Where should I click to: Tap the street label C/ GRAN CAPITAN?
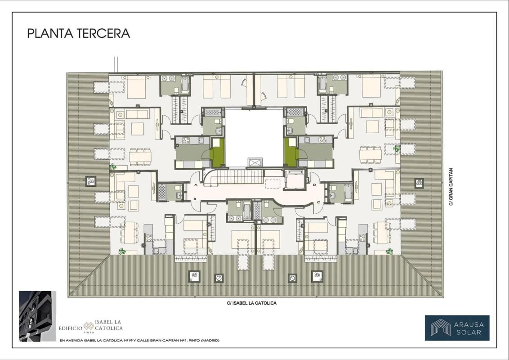(x=451, y=187)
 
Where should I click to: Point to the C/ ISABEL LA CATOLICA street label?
(x=252, y=303)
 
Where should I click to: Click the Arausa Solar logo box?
(x=457, y=328)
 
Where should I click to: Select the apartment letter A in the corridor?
(x=196, y=185)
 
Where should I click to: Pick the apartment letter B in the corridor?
(x=195, y=199)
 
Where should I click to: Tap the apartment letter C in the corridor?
(x=318, y=202)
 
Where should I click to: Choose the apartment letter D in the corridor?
(x=315, y=185)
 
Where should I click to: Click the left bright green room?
(x=217, y=153)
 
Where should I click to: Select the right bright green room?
(x=291, y=153)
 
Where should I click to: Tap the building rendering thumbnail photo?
(x=37, y=316)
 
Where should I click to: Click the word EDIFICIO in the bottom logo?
(x=71, y=328)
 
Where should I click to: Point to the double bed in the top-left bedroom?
(x=136, y=86)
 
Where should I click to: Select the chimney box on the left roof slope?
(x=91, y=181)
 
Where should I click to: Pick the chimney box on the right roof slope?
(x=419, y=183)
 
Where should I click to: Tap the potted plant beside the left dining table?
(x=113, y=167)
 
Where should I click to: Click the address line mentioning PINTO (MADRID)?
(x=139, y=341)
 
